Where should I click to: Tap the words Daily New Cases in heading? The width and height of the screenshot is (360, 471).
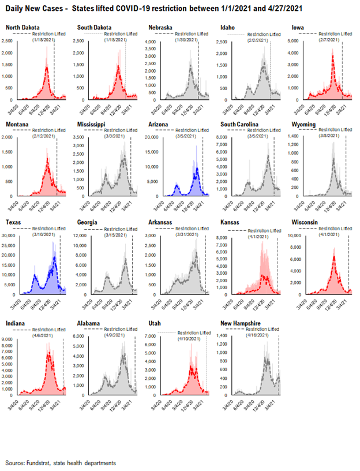33,9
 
